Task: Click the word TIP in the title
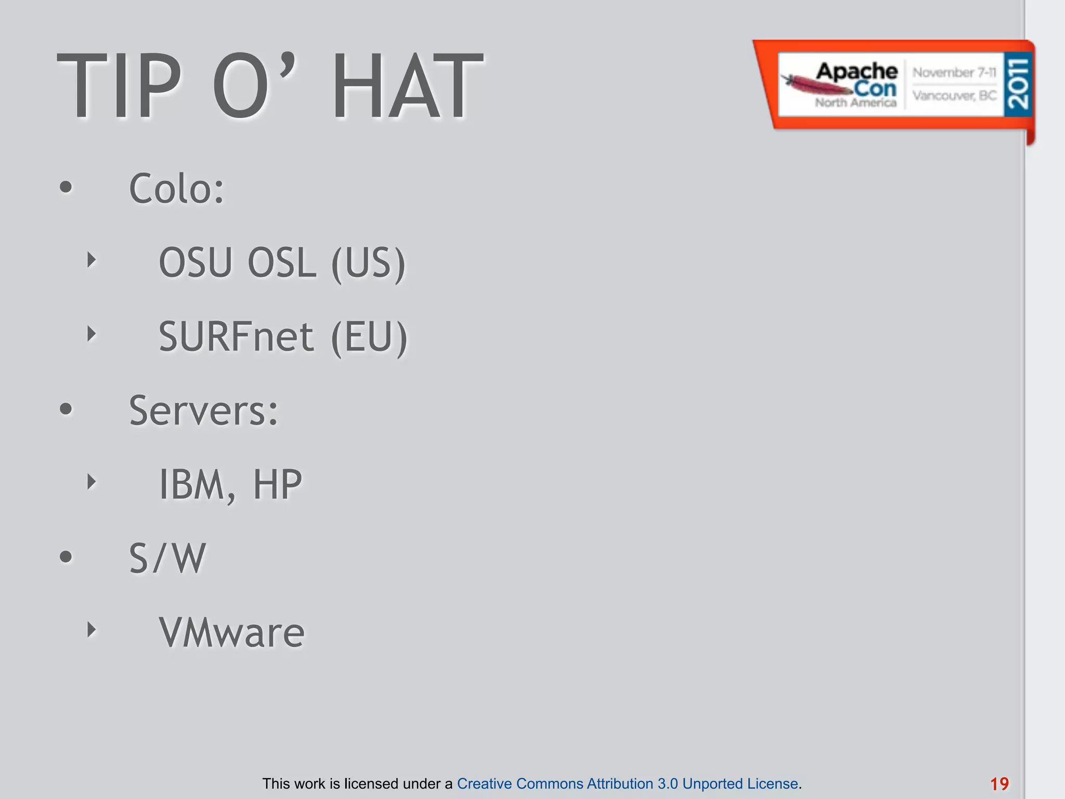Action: (x=120, y=86)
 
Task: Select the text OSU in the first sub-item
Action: (x=196, y=263)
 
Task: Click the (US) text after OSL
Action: (x=368, y=264)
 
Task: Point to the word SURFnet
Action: (x=236, y=337)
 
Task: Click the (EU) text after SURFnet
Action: (x=369, y=338)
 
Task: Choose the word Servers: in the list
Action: (x=204, y=410)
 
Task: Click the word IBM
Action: (x=191, y=485)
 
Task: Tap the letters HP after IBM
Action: (x=277, y=485)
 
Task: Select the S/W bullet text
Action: (x=167, y=559)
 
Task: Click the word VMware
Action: (x=232, y=633)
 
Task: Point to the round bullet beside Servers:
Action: (x=66, y=409)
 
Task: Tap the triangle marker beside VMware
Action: (x=92, y=630)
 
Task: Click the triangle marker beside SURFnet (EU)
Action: (x=92, y=334)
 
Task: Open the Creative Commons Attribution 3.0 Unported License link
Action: (x=628, y=783)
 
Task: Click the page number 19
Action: (x=999, y=784)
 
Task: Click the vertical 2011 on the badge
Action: (x=1018, y=84)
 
